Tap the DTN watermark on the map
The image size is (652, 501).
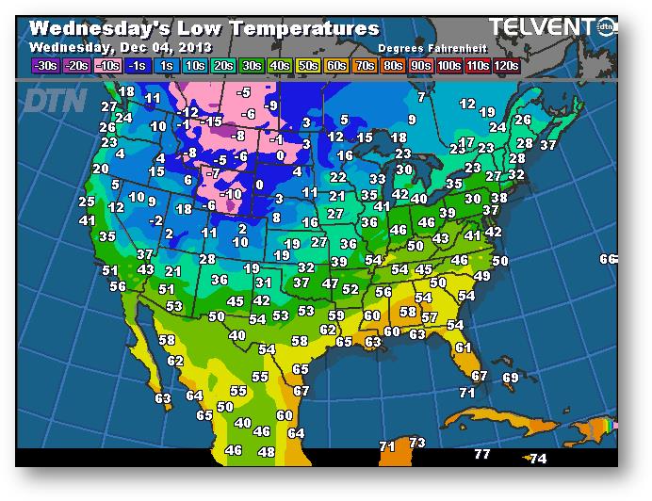click(56, 100)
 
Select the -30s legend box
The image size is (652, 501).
click(43, 66)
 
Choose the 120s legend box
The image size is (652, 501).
click(506, 66)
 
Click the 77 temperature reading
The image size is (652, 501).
click(481, 454)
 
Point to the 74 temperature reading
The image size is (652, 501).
click(538, 459)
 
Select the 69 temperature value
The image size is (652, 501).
click(511, 378)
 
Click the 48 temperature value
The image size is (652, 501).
click(267, 452)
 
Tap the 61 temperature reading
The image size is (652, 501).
click(463, 347)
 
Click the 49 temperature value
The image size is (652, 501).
click(482, 276)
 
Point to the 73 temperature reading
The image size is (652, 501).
click(417, 443)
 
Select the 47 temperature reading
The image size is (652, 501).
click(330, 283)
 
